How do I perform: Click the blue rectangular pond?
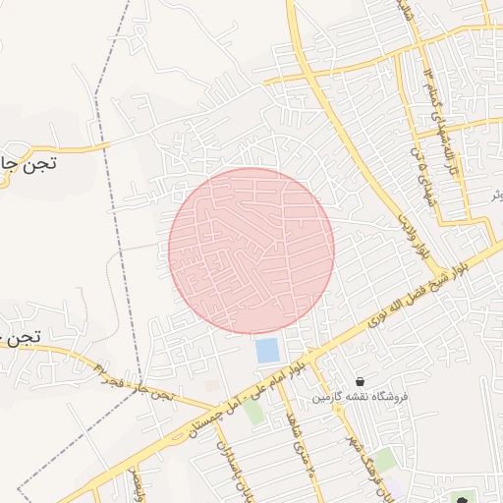(266, 350)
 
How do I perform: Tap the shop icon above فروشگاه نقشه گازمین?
(361, 380)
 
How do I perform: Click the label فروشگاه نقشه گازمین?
(360, 397)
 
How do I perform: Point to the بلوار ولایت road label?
(409, 213)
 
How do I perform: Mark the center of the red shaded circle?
(251, 251)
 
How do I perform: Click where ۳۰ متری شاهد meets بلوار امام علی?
(276, 379)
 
